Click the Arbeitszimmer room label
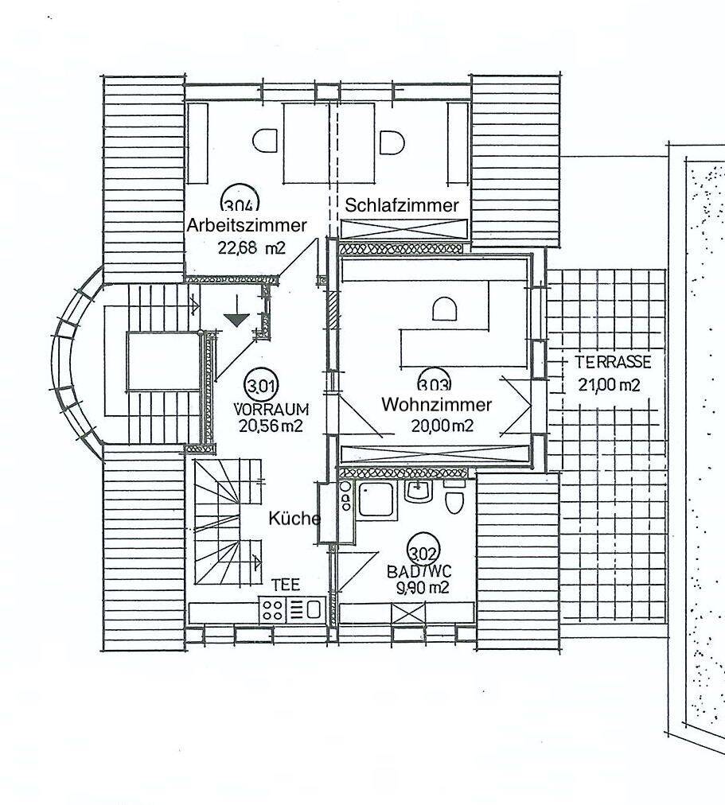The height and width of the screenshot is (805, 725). (x=247, y=225)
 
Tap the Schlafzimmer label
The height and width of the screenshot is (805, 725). (x=402, y=205)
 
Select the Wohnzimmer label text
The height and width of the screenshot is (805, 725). (x=436, y=405)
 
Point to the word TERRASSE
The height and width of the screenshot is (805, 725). (x=613, y=362)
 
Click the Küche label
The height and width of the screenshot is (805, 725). (x=294, y=519)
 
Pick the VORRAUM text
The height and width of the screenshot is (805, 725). (x=271, y=409)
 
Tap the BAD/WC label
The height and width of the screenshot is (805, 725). (x=419, y=571)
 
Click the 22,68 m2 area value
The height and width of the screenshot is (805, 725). (x=251, y=248)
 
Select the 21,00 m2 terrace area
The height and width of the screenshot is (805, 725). (x=610, y=384)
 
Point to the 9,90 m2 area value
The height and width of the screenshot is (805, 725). (x=423, y=587)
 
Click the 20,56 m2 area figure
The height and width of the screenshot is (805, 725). (x=271, y=425)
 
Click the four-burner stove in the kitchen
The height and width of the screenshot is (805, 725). (x=272, y=610)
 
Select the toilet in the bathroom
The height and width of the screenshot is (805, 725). (x=454, y=500)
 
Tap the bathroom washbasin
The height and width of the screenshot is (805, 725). (x=419, y=492)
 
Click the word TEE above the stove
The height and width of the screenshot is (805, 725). (x=286, y=585)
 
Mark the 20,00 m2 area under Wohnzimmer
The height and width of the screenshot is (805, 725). (x=442, y=425)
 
